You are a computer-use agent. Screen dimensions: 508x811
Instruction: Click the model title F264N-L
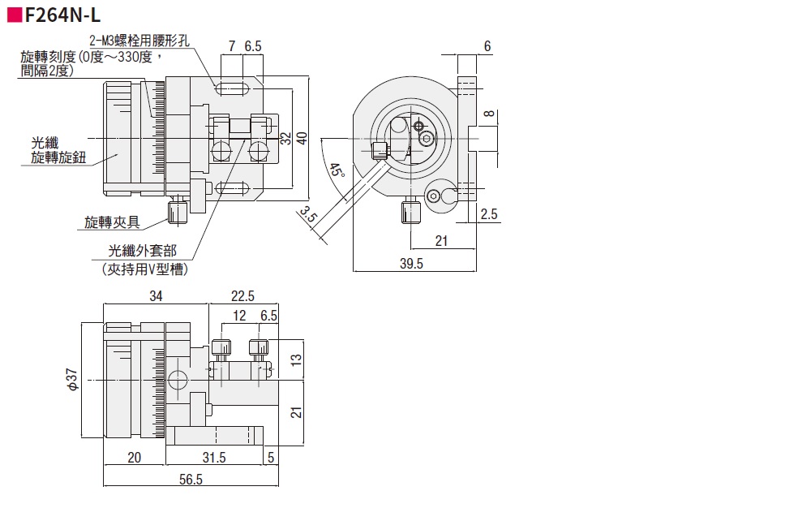coord(62,14)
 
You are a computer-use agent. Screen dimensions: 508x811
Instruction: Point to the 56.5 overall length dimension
coord(191,480)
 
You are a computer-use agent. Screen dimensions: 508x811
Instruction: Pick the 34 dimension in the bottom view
coord(156,296)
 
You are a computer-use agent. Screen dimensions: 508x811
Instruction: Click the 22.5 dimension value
coord(242,296)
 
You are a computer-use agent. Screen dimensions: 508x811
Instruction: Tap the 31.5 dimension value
coord(214,458)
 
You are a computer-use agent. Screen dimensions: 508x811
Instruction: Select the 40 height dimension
coord(302,138)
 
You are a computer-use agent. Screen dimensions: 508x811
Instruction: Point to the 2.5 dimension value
coord(489,214)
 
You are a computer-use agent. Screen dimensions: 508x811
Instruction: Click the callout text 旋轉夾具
coord(112,221)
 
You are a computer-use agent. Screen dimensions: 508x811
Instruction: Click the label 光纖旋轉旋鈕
coord(58,150)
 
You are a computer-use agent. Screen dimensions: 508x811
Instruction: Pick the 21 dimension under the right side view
coord(442,240)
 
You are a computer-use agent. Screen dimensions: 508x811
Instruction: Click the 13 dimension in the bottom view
coord(297,358)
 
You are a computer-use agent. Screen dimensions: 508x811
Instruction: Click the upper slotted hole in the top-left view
coord(234,86)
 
